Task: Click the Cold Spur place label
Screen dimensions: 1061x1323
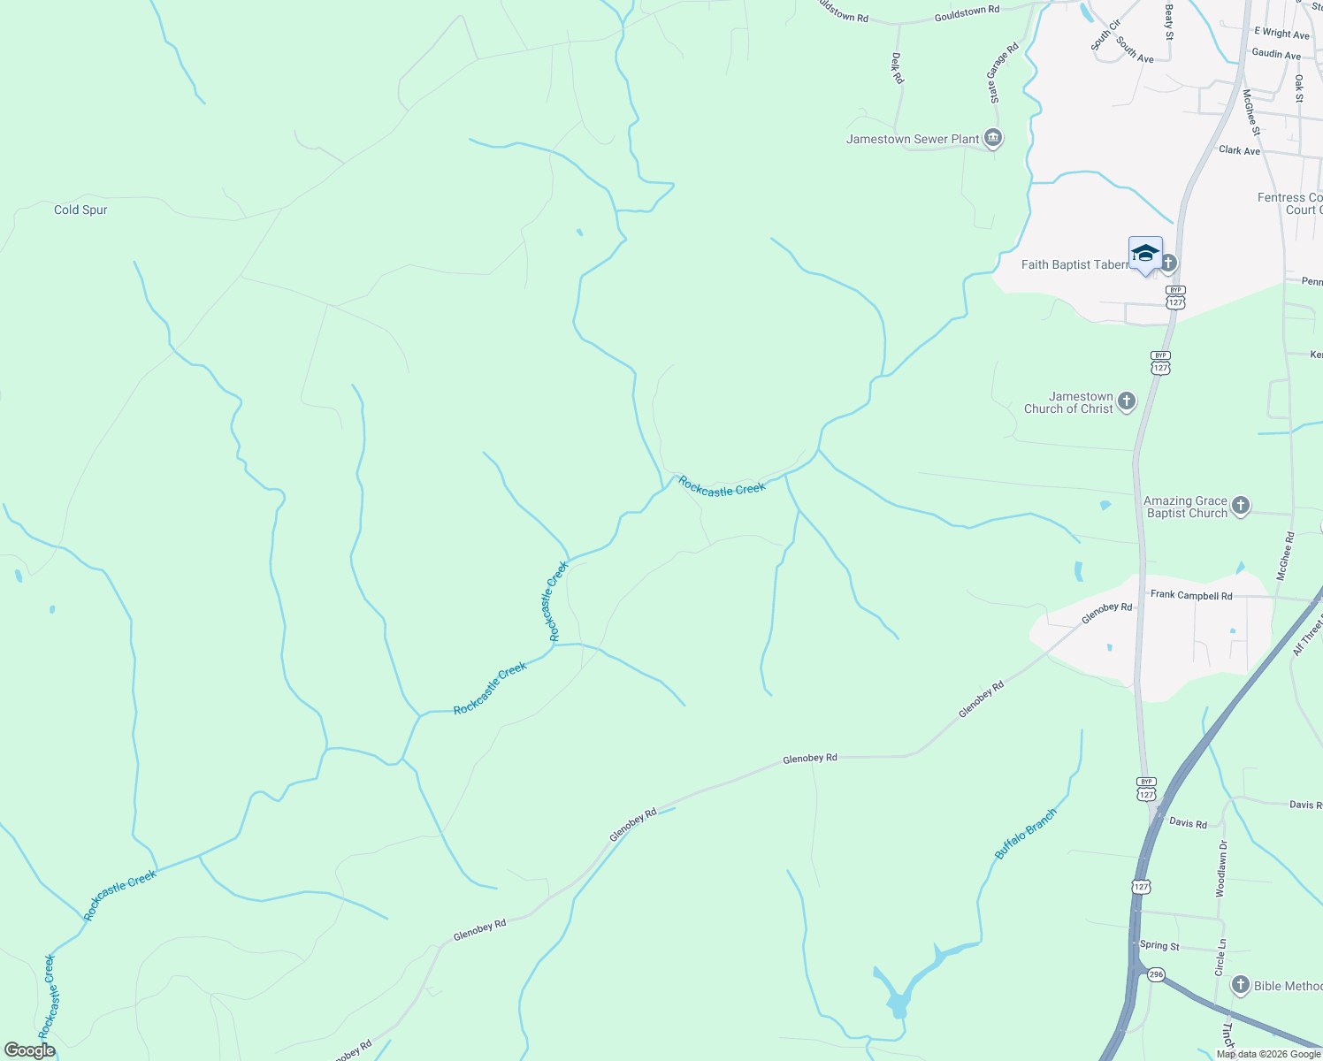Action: click(80, 210)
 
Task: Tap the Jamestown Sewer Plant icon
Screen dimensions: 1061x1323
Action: click(993, 139)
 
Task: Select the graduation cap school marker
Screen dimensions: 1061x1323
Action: click(1145, 254)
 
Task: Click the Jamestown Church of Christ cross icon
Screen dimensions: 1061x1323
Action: click(1127, 401)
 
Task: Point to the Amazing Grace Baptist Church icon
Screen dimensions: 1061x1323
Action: click(1241, 506)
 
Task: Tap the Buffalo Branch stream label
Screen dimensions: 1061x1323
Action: click(1026, 834)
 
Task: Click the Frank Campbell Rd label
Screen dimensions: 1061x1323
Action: click(1190, 596)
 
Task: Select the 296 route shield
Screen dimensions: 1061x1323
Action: click(1156, 974)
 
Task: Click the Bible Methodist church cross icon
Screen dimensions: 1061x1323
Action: click(1241, 985)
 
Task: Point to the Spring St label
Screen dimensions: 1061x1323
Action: click(1159, 946)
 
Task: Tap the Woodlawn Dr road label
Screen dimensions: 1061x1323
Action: click(1221, 869)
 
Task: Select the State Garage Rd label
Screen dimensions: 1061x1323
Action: click(1004, 73)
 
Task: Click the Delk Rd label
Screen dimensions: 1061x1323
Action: click(898, 68)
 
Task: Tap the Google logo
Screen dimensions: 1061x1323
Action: click(29, 1050)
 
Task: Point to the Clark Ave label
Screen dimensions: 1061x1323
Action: click(1239, 150)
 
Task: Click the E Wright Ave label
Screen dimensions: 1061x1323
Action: click(1281, 33)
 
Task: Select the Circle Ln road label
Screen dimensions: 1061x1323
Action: click(1221, 958)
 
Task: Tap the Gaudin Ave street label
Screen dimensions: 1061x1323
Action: click(1276, 54)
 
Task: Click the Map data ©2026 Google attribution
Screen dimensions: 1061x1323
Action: click(1268, 1054)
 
